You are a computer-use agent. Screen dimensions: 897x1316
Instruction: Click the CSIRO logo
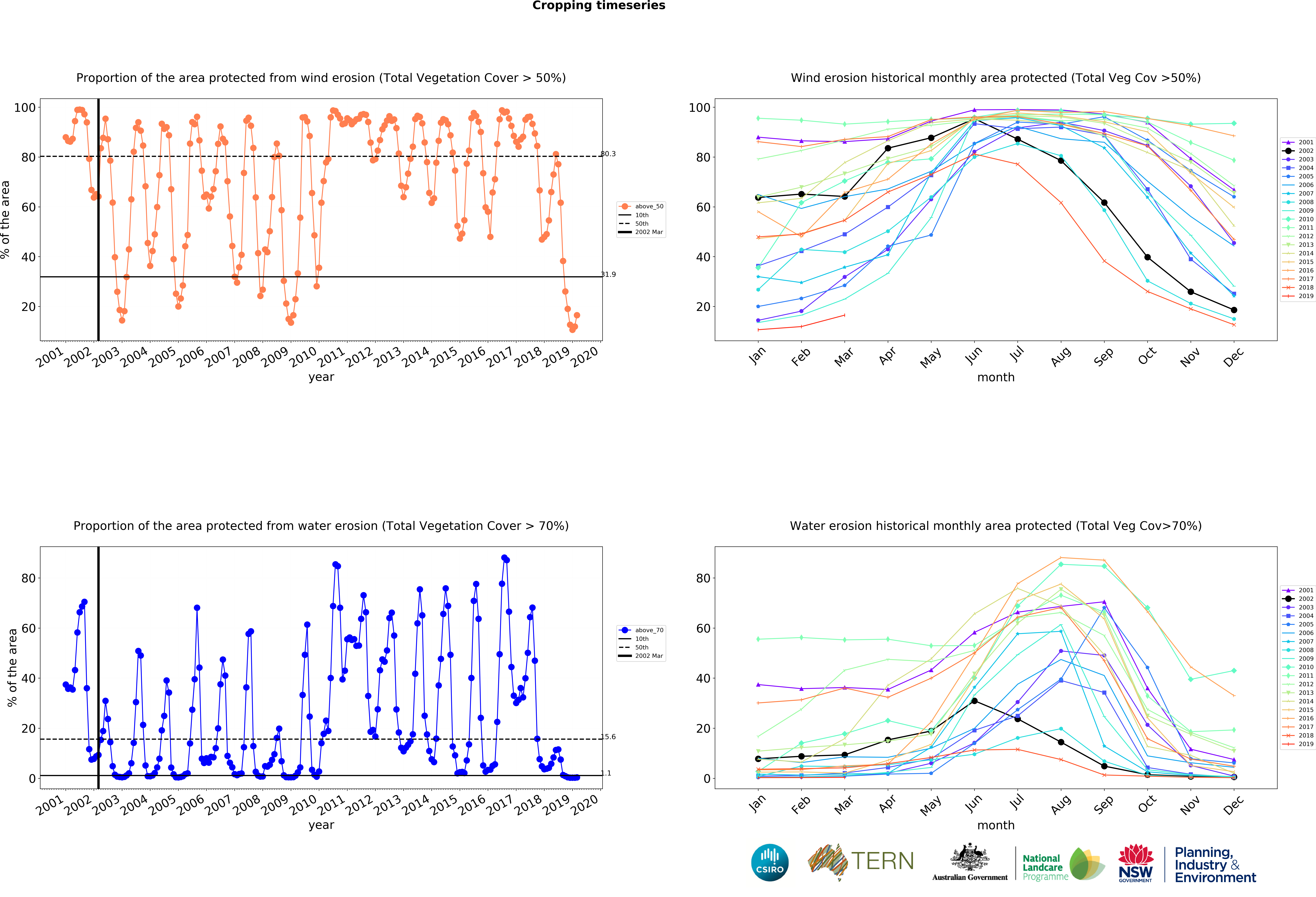click(x=770, y=862)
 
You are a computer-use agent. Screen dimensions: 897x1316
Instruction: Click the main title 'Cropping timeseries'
click(x=599, y=6)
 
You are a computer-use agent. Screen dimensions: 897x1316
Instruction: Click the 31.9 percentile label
click(x=608, y=275)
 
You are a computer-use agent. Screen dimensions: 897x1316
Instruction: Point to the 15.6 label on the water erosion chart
click(x=608, y=737)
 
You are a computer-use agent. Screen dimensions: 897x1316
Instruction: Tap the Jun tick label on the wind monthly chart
click(x=973, y=354)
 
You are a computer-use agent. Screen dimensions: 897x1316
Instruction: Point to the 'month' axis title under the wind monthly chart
click(x=995, y=377)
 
